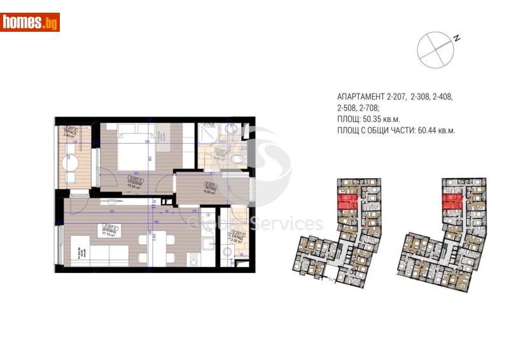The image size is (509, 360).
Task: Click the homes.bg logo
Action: [x=31, y=22]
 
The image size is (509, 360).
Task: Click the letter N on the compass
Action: [x=457, y=38]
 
